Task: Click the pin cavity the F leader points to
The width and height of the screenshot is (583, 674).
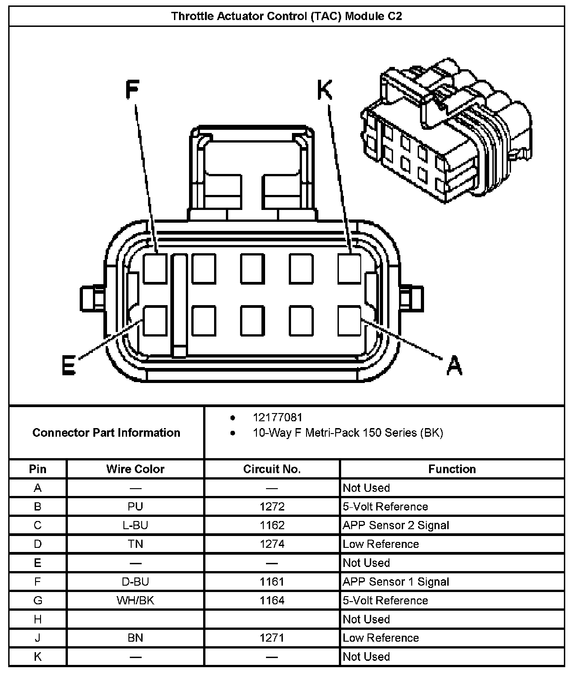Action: pos(155,268)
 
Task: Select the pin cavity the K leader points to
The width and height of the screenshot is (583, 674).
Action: pos(349,268)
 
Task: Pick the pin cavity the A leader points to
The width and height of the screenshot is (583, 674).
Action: pos(349,321)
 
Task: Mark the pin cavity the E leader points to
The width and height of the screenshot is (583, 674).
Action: pos(155,321)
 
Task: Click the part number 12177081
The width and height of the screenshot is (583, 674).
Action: pos(277,417)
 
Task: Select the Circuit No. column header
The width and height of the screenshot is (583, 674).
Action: pos(272,469)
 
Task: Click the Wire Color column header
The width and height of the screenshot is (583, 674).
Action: pos(135,469)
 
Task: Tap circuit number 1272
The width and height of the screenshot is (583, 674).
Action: pos(272,506)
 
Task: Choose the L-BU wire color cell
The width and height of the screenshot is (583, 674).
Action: pos(135,525)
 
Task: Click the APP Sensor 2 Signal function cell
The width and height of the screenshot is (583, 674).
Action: pos(396,525)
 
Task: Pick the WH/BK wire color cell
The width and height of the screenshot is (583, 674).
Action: pos(135,600)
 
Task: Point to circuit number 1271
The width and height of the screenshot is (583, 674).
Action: pos(272,638)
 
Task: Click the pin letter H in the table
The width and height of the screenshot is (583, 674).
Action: pos(38,619)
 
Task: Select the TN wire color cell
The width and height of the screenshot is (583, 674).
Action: pos(135,544)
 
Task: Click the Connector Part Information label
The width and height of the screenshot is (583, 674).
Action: pos(106,432)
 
